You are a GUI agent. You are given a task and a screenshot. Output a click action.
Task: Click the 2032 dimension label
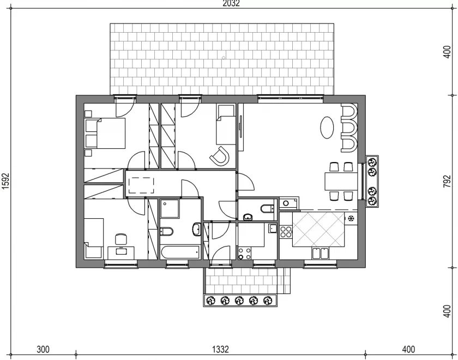pos(231,3)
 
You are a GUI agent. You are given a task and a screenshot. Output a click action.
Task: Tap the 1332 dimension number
pos(220,349)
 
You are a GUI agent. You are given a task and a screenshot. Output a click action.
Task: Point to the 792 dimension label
pos(447,182)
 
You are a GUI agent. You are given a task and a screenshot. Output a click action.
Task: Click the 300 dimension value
pos(43,349)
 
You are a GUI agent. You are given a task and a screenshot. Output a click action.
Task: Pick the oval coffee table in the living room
pos(327,128)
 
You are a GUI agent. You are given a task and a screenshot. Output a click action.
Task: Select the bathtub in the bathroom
pos(180,252)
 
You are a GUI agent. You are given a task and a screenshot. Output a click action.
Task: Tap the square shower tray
pos(170,208)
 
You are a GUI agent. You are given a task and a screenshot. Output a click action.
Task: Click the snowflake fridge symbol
pos(351,218)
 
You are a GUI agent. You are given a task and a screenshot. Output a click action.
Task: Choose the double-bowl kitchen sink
pos(321,253)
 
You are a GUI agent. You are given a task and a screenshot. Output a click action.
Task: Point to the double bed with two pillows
pos(105,133)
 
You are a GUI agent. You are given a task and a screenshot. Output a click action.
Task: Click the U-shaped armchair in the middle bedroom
pos(220,157)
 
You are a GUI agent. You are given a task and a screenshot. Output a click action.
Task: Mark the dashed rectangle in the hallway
pos(141,185)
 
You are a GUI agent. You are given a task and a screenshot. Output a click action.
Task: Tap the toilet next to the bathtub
pos(166,231)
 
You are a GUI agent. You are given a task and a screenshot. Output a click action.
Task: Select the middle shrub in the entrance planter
pos(239,300)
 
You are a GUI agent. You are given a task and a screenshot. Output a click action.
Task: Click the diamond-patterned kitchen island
pos(318,230)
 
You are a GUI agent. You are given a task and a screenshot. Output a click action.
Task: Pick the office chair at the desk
pos(121,239)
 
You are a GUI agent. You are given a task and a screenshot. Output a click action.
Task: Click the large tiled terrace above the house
pos(222,59)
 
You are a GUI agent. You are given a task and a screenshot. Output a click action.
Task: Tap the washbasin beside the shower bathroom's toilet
pos(197,230)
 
